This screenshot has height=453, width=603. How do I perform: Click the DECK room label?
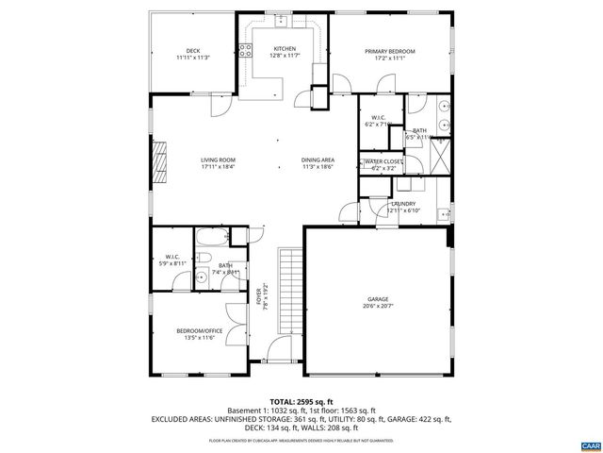coord(192,50)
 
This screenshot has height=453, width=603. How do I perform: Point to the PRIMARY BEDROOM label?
coord(389,51)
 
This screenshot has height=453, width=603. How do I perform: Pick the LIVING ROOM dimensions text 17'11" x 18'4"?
coord(217,167)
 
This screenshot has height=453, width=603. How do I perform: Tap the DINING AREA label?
coord(318,159)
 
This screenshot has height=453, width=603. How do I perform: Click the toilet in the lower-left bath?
coord(203,277)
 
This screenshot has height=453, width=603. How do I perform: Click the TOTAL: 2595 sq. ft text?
coord(301,400)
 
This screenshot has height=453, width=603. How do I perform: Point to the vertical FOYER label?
coord(264,295)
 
